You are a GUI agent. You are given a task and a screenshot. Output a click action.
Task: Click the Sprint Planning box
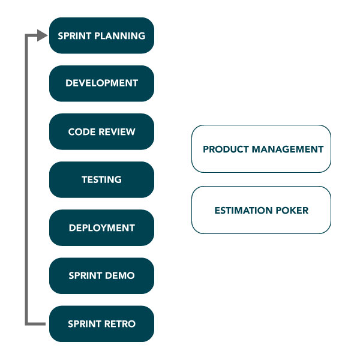(101, 35)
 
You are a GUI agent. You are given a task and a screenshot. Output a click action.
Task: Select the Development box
(101, 83)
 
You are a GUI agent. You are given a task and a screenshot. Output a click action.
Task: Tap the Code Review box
(101, 131)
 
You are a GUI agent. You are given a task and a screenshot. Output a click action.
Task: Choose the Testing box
(101, 179)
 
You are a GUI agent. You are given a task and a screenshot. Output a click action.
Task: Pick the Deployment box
(101, 228)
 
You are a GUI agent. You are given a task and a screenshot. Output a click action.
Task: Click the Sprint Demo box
(101, 276)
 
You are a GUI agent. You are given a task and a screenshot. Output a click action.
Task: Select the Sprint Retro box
(101, 324)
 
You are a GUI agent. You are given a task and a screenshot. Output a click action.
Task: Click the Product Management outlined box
(261, 149)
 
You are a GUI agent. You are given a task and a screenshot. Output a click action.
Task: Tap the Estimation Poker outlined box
(261, 210)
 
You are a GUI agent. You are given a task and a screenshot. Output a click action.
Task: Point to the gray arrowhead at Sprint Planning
(42, 35)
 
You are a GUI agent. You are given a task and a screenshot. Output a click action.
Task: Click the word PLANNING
(120, 36)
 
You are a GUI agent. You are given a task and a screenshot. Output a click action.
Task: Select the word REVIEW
(117, 132)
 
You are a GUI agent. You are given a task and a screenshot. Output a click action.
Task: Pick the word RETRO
(120, 324)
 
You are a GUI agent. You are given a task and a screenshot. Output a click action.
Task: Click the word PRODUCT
(226, 149)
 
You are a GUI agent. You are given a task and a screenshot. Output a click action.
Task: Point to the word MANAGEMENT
(287, 149)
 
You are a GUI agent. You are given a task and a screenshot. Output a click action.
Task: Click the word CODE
(82, 132)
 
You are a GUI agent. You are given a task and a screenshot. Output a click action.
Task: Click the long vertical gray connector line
(26, 179)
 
